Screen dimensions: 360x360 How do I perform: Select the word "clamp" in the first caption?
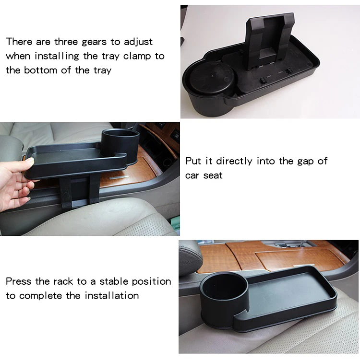pyautogui.click(x=137, y=56)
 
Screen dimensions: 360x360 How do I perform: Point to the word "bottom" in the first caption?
pyautogui.click(x=40, y=70)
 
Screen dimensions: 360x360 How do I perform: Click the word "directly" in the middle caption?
pyautogui.click(x=234, y=162)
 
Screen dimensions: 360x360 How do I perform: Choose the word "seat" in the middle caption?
pyautogui.click(x=213, y=175)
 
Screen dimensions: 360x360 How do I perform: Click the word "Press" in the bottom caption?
pyautogui.click(x=18, y=281)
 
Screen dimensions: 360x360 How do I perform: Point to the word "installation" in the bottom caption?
pyautogui.click(x=112, y=295)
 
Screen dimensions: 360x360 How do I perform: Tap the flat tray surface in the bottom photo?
pyautogui.click(x=290, y=291)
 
